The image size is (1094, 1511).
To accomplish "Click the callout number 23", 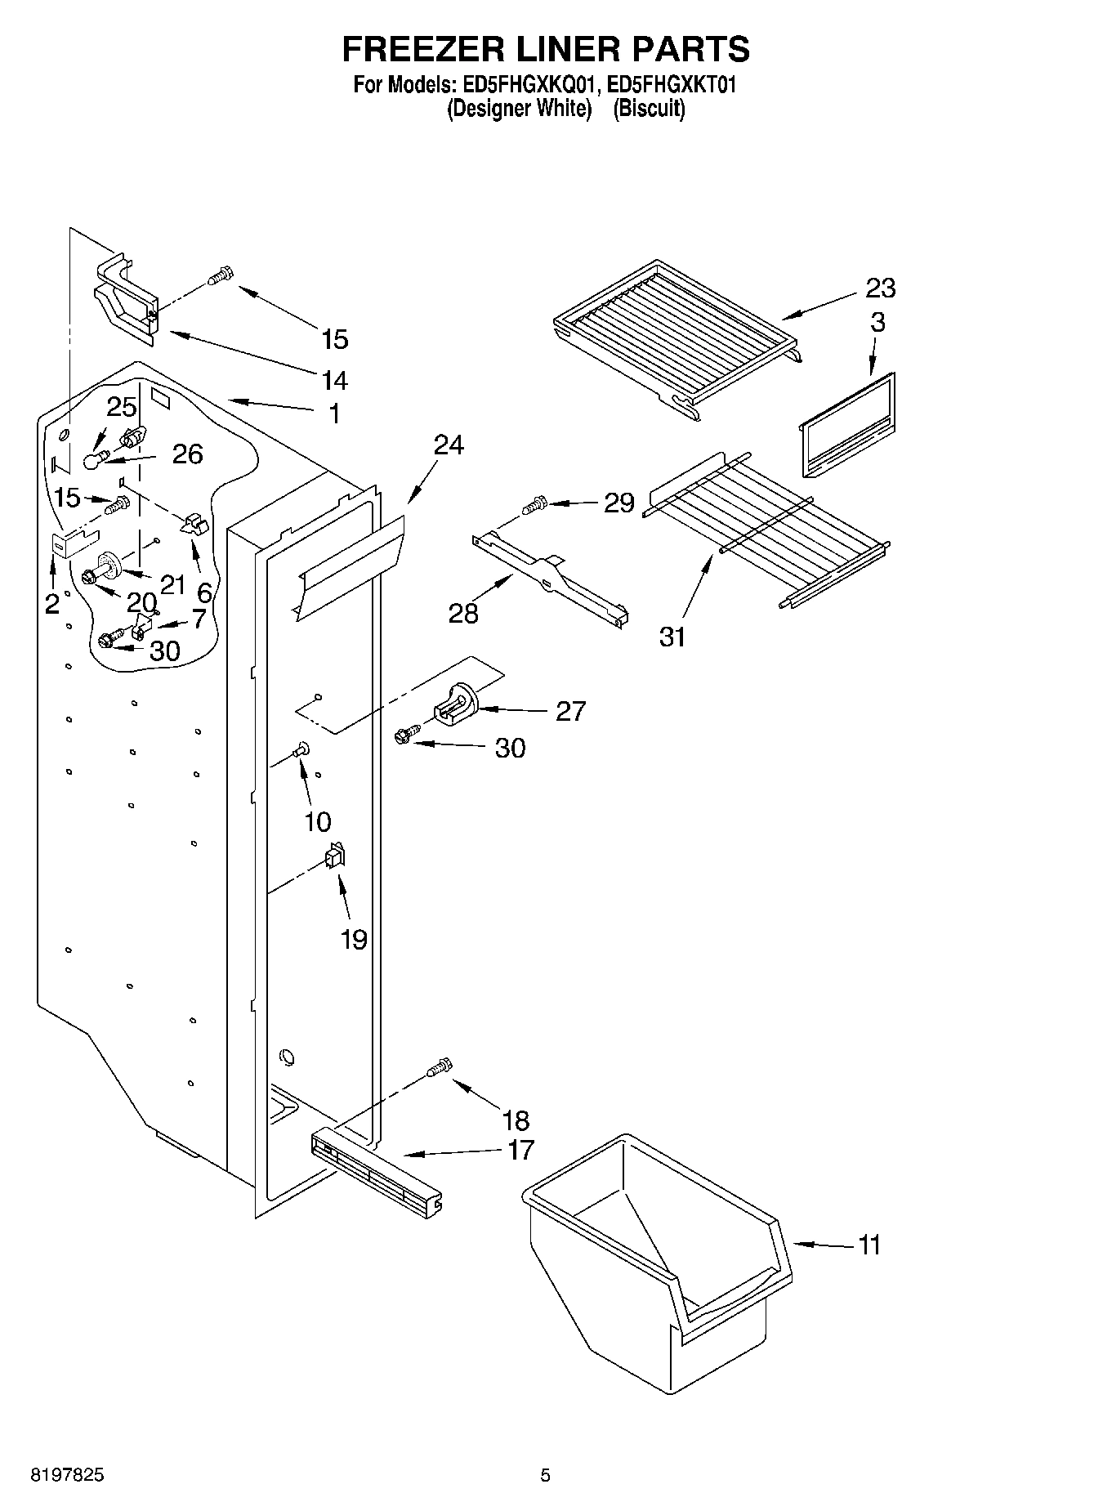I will coord(881,288).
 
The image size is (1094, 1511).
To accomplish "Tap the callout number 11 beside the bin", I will coord(869,1245).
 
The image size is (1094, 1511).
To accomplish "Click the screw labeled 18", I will coord(440,1067).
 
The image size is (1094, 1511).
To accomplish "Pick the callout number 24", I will coord(449,445).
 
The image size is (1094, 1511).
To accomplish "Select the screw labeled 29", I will coord(535,505).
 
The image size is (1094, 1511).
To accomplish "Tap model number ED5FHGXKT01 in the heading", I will coord(672,84).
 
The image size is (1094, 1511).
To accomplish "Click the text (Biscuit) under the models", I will coord(649,109).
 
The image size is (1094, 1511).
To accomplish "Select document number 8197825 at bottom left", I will coord(67,1476).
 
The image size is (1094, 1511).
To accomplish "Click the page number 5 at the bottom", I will coord(545,1476).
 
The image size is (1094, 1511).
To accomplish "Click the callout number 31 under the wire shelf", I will coord(672,637).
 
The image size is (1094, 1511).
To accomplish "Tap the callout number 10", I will coord(318,822).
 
